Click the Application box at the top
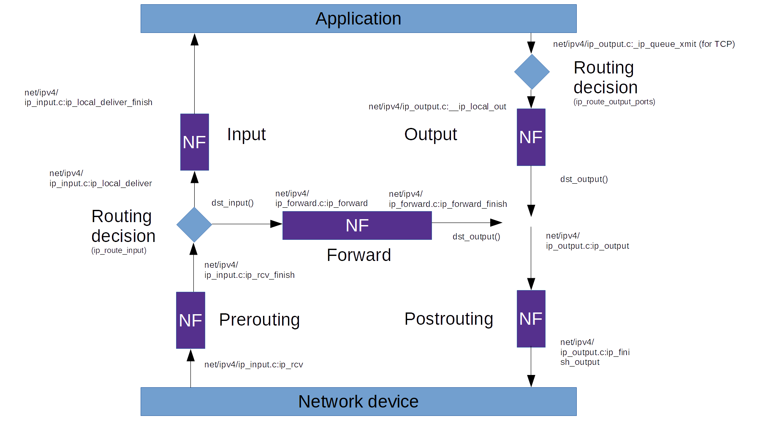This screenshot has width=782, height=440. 358,19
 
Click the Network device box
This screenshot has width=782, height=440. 358,402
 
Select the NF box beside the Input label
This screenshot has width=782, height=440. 195,142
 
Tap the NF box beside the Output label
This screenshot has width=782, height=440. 531,137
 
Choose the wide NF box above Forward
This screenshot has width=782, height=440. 357,225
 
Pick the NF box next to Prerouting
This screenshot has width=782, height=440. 190,320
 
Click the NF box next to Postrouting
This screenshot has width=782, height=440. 531,319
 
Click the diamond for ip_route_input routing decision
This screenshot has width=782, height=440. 194,225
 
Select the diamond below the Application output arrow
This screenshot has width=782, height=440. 532,72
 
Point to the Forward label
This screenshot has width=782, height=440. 359,255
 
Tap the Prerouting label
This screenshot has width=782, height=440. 259,320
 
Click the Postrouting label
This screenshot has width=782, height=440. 448,319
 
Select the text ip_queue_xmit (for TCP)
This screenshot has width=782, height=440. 644,44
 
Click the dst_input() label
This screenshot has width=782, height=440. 232,203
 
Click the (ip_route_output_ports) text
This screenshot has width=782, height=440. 614,102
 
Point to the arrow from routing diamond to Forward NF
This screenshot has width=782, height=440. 247,224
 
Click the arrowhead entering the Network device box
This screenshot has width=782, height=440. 531,381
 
